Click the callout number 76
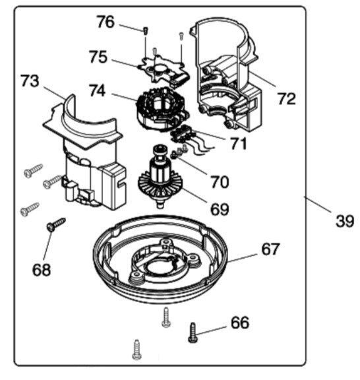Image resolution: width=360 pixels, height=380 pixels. pos(105,22)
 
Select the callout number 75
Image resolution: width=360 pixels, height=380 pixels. pos(98,57)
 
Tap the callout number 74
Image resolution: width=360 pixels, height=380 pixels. pos(97,90)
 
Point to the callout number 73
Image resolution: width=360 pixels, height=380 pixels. pos(30,81)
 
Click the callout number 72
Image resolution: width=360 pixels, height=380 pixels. pos(287,99)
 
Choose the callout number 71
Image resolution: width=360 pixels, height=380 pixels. pos(239,143)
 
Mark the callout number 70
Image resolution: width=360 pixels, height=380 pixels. pos(220,182)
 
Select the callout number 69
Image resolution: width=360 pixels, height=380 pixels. pos(220,209)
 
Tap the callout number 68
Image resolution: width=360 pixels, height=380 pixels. pos(42,270)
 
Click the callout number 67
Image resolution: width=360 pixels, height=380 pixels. pos(270,249)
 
